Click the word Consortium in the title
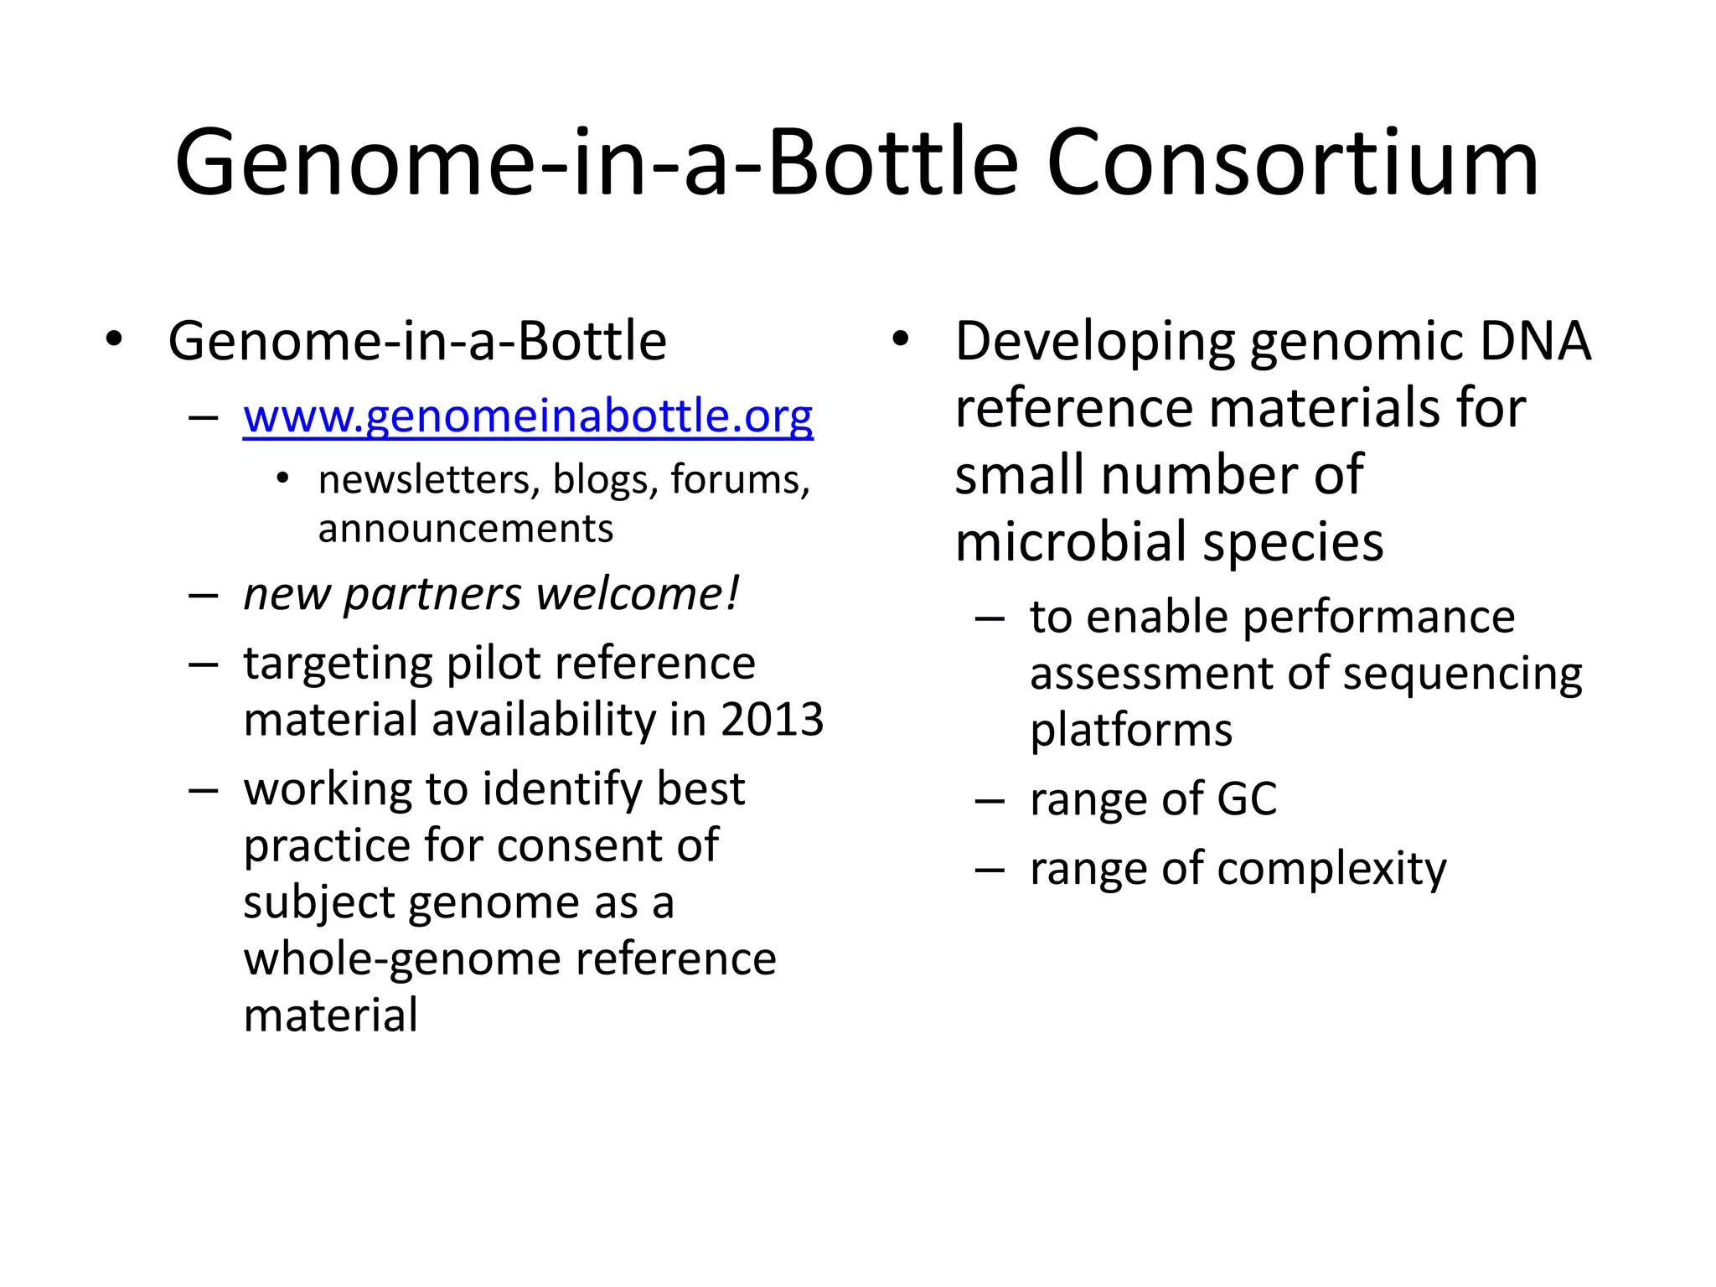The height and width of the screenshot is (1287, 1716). click(x=1292, y=163)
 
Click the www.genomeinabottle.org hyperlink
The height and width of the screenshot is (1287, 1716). click(x=528, y=416)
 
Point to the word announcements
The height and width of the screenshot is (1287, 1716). click(x=465, y=530)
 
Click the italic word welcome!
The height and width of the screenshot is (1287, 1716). click(x=638, y=594)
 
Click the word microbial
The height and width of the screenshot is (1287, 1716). click(x=1072, y=542)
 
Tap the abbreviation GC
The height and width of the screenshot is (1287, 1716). click(x=1246, y=799)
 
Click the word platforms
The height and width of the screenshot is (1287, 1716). click(x=1131, y=731)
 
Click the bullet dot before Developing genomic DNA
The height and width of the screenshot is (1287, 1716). click(x=900, y=340)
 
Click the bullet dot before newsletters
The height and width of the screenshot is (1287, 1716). click(x=282, y=479)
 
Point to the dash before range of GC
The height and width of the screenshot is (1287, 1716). click(x=990, y=800)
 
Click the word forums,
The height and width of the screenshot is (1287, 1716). click(x=740, y=480)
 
